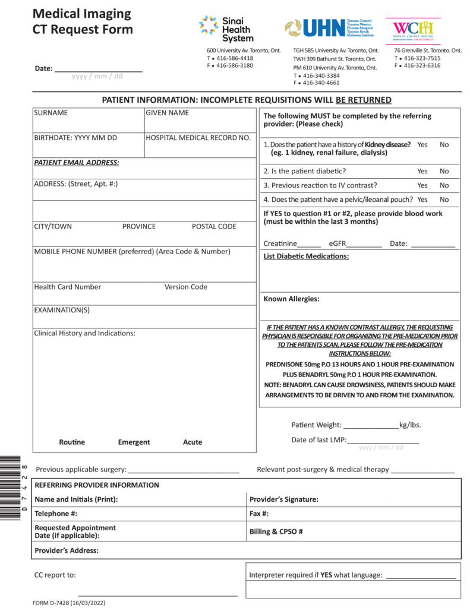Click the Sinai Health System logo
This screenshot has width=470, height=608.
(225, 28)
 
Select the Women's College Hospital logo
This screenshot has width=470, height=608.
(413, 28)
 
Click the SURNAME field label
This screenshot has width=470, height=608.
(51, 113)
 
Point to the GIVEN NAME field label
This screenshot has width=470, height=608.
(167, 113)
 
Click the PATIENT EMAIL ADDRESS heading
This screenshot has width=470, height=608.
(76, 163)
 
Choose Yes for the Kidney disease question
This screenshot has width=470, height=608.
(422, 145)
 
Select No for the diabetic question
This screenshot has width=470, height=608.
(444, 171)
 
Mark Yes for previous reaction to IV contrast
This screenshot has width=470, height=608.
(422, 185)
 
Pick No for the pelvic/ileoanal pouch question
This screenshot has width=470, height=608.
(444, 199)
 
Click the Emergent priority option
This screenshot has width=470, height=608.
(134, 442)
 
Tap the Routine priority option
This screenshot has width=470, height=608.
(72, 442)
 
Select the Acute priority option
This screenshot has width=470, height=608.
(193, 442)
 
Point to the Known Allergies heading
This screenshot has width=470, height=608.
(291, 299)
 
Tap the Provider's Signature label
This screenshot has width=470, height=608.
(283, 500)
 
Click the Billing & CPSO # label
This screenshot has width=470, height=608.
(276, 532)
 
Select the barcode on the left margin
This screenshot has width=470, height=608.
(11, 488)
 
